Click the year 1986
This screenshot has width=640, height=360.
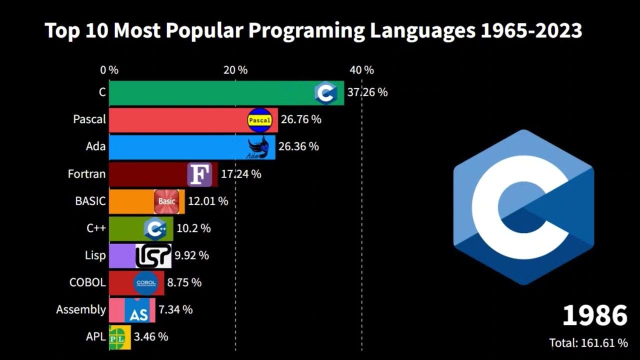(x=594, y=316)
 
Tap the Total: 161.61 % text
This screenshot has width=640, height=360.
(x=588, y=343)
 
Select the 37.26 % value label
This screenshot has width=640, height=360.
(x=367, y=92)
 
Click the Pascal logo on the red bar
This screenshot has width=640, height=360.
(x=260, y=120)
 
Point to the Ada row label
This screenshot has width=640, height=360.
(x=95, y=146)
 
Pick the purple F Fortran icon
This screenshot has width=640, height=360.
(x=199, y=174)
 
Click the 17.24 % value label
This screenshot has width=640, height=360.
(x=241, y=174)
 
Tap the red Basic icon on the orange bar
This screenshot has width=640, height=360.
(x=166, y=201)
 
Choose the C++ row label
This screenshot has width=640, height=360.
(x=96, y=228)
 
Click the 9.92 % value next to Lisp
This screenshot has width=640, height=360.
(x=191, y=255)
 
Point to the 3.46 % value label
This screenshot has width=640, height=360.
(x=150, y=337)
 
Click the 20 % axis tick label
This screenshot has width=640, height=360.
(x=235, y=70)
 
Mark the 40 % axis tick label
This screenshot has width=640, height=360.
(x=361, y=70)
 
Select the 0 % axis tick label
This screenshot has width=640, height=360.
(x=109, y=70)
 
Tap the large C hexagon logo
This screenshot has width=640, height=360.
(x=523, y=207)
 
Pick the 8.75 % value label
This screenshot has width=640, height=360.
(x=184, y=282)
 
